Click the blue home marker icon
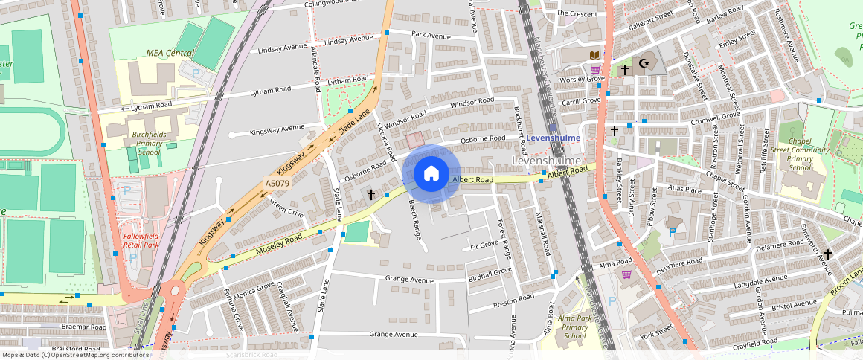[431, 174]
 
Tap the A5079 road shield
[277, 183]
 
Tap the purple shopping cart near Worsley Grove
[595, 70]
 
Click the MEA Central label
[169, 54]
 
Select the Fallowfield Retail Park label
[141, 240]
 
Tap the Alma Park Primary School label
[574, 327]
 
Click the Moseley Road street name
[279, 240]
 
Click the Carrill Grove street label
[581, 100]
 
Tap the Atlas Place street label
[684, 190]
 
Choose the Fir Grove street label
[484, 245]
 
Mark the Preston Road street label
[513, 298]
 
